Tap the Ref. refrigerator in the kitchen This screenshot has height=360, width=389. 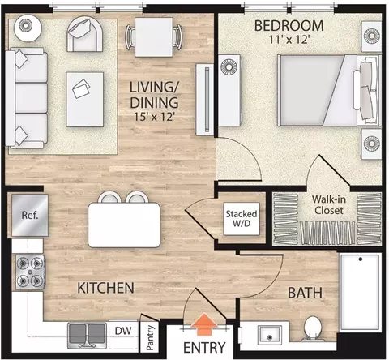(x=30, y=215)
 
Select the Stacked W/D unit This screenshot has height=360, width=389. (x=242, y=218)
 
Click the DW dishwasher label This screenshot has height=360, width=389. (x=123, y=331)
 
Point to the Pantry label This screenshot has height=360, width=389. (x=150, y=337)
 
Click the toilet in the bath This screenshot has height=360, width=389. (x=312, y=329)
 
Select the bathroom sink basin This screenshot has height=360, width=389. (x=269, y=335)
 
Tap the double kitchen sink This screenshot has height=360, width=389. (x=87, y=335)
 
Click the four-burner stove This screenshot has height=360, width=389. (x=30, y=272)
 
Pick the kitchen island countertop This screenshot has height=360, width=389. (x=124, y=225)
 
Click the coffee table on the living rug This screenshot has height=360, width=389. (x=85, y=99)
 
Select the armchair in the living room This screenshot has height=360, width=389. (x=85, y=34)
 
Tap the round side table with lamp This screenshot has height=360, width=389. (x=28, y=26)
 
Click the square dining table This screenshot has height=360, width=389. (x=154, y=37)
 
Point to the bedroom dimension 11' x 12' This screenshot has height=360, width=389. (x=289, y=40)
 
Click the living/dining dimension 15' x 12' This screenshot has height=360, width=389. (x=155, y=117)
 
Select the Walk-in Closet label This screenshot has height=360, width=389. (x=329, y=204)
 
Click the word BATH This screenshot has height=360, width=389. (x=305, y=293)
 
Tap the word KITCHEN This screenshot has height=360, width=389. (x=105, y=288)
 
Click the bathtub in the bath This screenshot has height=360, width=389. (x=361, y=292)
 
